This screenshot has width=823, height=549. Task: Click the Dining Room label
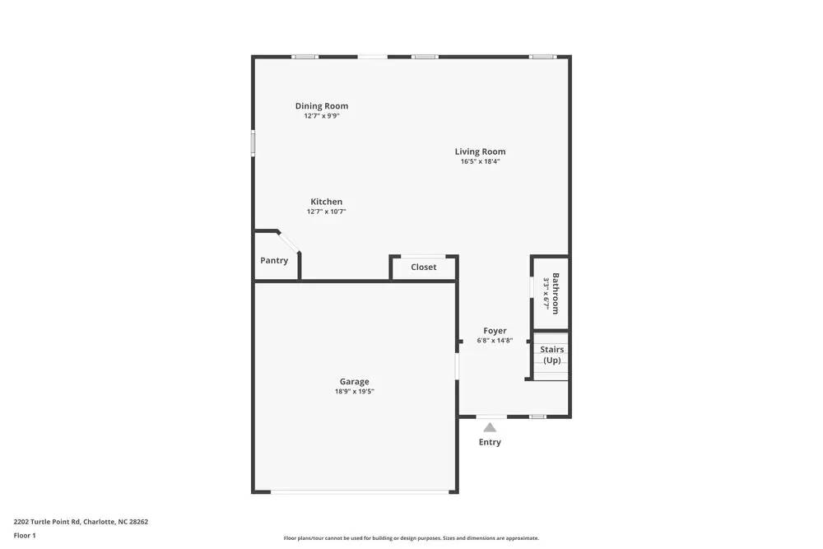[x=322, y=105]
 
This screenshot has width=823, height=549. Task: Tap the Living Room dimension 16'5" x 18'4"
[x=480, y=161]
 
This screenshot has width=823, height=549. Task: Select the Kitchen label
[x=326, y=202]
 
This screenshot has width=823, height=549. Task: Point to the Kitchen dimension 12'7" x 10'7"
[x=326, y=212]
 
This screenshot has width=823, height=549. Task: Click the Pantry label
[x=274, y=261]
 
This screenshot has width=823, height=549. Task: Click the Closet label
[x=423, y=268]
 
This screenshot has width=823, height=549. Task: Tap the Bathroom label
[x=556, y=293]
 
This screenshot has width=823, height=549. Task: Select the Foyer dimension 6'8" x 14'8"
[x=495, y=340]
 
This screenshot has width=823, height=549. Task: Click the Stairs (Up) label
[x=551, y=355]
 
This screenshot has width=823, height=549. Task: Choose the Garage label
[x=354, y=381]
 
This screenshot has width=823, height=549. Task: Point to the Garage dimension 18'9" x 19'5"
[x=354, y=391]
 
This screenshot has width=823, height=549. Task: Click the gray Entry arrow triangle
[x=490, y=427]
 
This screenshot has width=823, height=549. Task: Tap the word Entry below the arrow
[x=490, y=442]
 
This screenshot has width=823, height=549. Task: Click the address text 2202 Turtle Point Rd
[x=81, y=521]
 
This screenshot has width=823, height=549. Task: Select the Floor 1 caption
[x=25, y=535]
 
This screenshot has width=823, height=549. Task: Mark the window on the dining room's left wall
[x=253, y=142]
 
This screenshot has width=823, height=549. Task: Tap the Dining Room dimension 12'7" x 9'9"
[x=322, y=116]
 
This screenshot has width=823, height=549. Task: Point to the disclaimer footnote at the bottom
[x=411, y=538]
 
